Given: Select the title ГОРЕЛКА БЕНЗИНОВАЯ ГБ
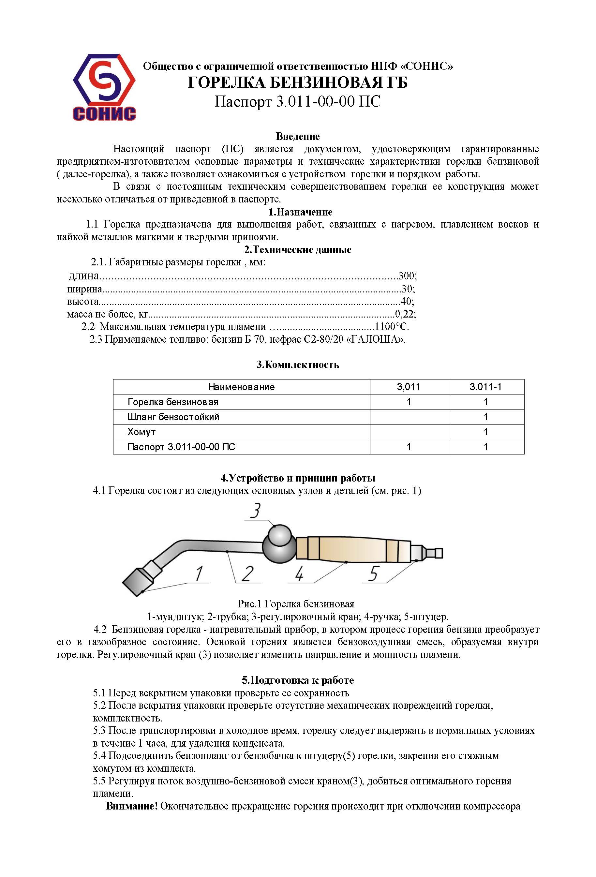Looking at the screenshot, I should [x=297, y=82].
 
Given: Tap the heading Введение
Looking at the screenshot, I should [x=297, y=136].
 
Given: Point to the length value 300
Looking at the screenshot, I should [x=407, y=276].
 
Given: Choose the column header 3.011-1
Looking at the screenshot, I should [x=485, y=387].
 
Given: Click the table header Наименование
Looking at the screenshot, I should [x=241, y=387].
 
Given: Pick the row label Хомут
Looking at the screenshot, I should [x=142, y=432].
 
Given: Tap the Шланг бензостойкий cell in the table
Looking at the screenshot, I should [x=173, y=417].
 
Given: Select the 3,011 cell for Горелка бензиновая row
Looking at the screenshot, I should [x=409, y=402].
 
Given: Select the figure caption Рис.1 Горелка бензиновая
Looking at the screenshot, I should [x=296, y=604].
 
